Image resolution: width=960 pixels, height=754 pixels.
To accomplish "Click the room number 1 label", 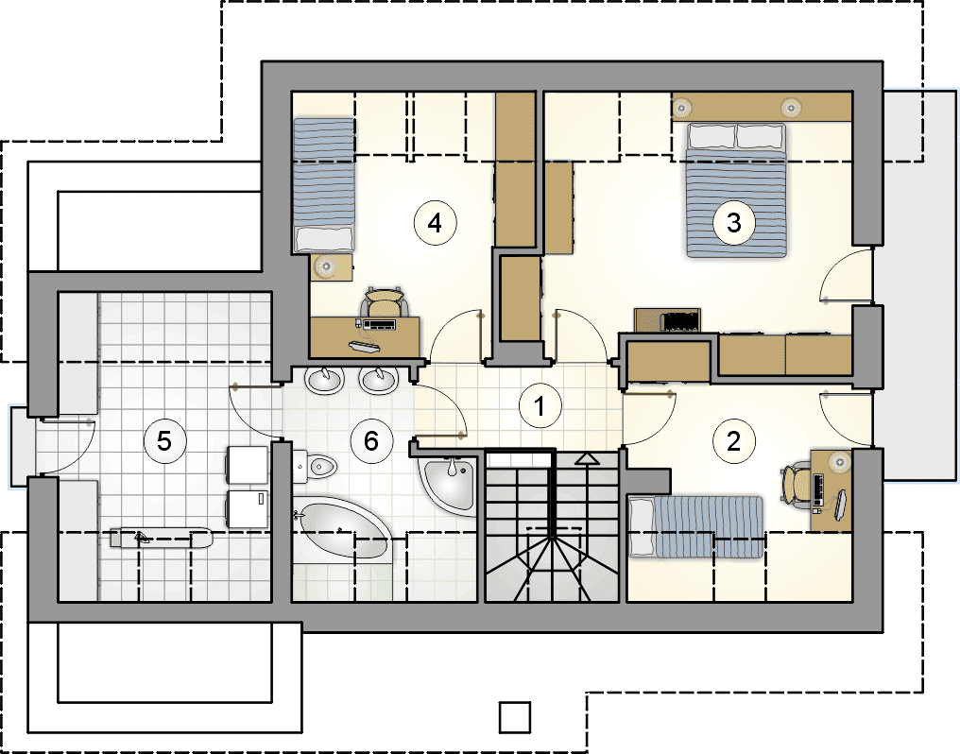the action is [x=540, y=405].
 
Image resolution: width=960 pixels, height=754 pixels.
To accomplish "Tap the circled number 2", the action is [x=733, y=440].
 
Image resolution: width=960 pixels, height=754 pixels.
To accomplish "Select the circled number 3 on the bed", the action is [x=733, y=223].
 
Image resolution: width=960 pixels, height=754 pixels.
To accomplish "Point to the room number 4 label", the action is [x=435, y=223].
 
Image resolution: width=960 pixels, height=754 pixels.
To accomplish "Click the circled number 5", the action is [x=164, y=440].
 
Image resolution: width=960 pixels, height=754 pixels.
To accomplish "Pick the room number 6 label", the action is [x=371, y=440].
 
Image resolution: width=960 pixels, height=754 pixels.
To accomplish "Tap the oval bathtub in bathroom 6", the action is [x=342, y=530].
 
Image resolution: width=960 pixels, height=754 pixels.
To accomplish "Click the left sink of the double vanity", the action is [x=324, y=381].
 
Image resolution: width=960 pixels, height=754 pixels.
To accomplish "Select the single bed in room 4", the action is [x=324, y=185].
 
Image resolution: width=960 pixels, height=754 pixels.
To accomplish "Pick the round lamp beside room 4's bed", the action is [x=325, y=266].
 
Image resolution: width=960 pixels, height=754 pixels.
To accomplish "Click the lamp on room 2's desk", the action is [x=839, y=459].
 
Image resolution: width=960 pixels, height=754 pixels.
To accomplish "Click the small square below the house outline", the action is [x=514, y=716].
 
